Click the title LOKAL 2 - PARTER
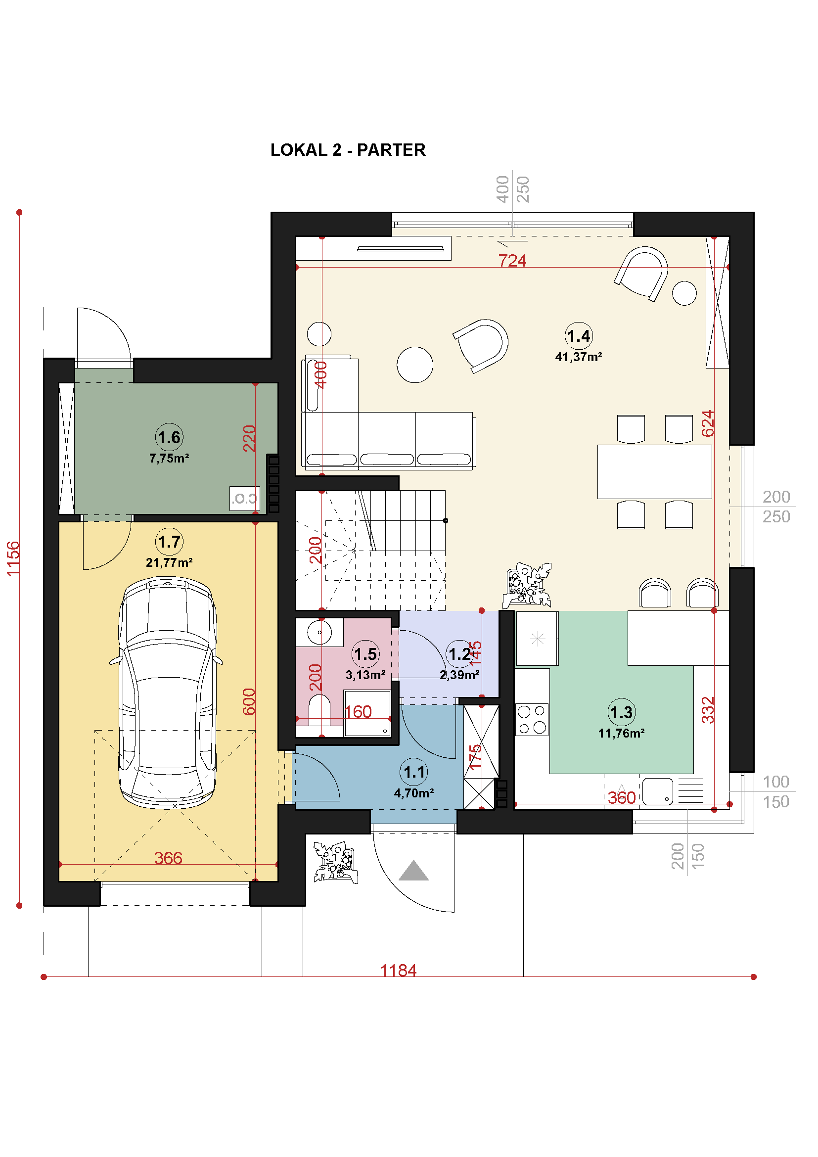(x=348, y=150)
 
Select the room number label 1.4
(x=578, y=336)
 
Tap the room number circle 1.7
(x=169, y=542)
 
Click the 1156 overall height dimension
(x=13, y=558)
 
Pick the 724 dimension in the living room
(x=512, y=261)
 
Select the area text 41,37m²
(x=578, y=357)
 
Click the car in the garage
(x=167, y=693)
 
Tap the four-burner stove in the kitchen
(x=532, y=719)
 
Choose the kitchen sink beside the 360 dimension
(x=657, y=791)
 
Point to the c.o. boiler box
(x=245, y=499)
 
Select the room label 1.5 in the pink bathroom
(x=365, y=654)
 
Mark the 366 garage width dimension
(x=168, y=858)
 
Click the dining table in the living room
(x=654, y=472)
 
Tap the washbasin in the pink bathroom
(x=319, y=632)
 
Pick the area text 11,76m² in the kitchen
(x=621, y=733)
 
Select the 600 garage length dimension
(x=249, y=701)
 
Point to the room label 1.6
(x=169, y=437)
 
